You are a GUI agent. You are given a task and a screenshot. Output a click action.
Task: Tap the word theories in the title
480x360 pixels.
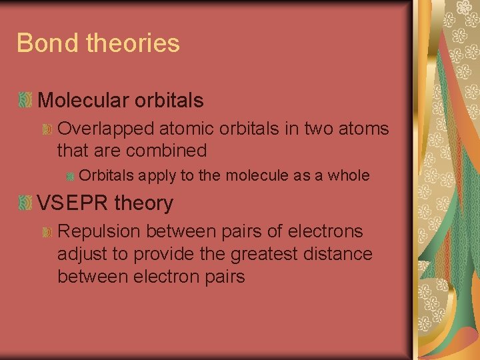click(133, 43)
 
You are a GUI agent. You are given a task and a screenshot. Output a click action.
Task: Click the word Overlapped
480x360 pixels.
click(104, 127)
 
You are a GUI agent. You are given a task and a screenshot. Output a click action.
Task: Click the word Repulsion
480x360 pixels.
click(100, 231)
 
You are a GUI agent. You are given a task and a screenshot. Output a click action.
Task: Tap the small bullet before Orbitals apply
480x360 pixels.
click(70, 176)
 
